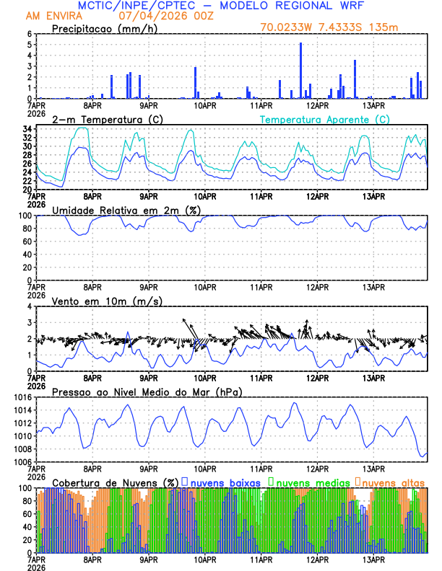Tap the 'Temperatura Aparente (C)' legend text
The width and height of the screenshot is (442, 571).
(324, 119)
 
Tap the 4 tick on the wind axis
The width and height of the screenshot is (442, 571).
(30, 306)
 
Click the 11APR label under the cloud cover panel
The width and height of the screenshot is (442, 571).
(261, 559)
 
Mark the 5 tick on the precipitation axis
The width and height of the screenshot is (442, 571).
(30, 45)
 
